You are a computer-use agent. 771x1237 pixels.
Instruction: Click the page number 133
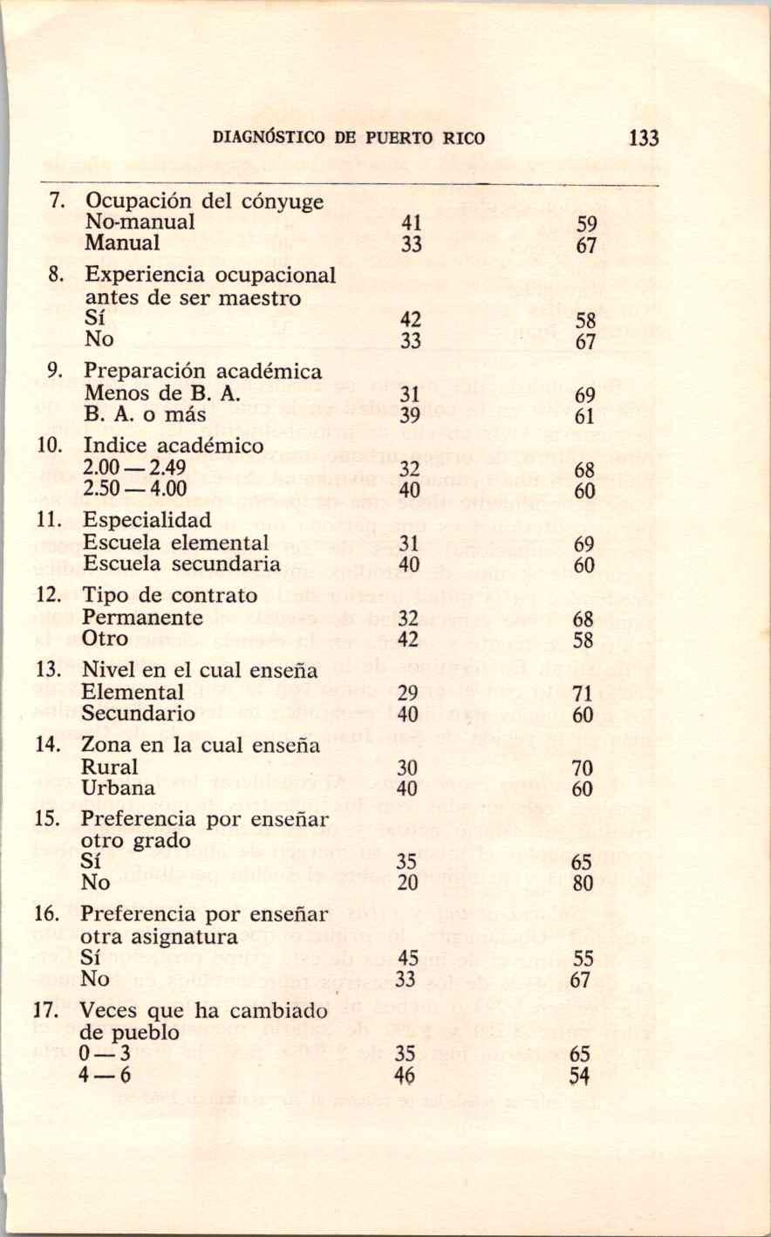coord(642,138)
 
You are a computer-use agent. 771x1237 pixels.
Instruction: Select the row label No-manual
coord(139,222)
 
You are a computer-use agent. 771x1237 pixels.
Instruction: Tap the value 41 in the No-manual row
coord(412,222)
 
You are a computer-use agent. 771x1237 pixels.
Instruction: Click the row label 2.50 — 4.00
coord(135,489)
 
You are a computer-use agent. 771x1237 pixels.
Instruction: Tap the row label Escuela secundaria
coord(181,564)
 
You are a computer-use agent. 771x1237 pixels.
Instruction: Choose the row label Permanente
coord(143,618)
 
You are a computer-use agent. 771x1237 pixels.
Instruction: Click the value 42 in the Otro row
coord(410,639)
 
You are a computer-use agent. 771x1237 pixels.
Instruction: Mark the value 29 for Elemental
coord(407,694)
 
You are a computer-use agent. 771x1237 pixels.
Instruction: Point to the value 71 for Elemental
coord(583,695)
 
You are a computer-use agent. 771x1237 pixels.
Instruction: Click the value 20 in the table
coord(406,883)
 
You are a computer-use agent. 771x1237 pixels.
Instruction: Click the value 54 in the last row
coord(580,1076)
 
